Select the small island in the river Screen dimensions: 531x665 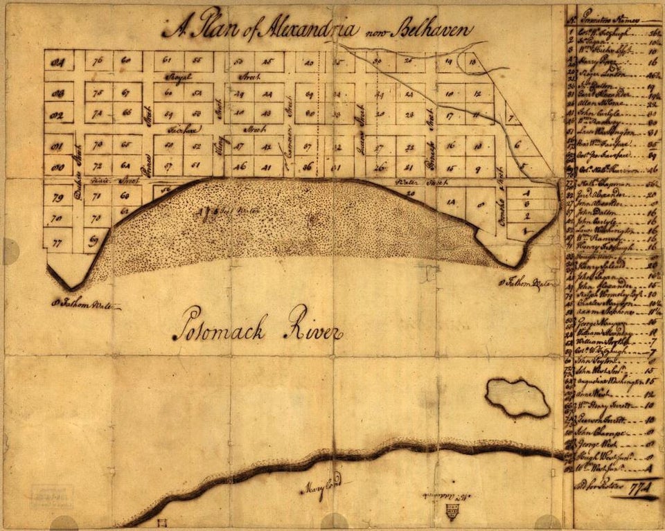(517, 397)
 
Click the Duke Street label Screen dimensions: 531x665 (78, 165)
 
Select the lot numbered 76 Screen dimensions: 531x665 (98, 61)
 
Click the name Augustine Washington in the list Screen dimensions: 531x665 (609, 381)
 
